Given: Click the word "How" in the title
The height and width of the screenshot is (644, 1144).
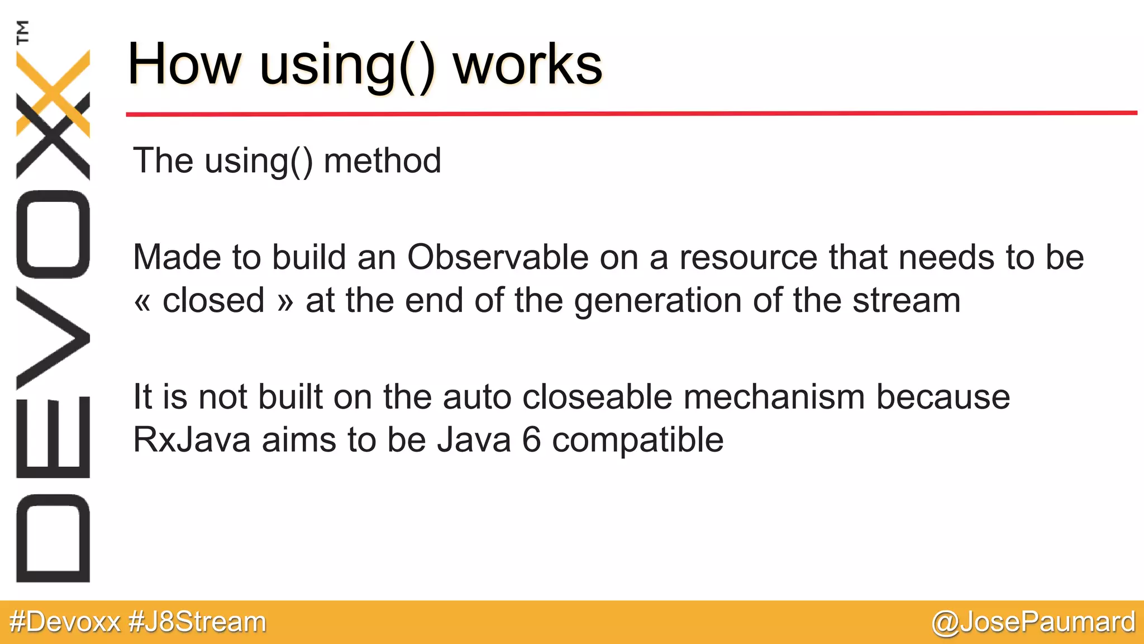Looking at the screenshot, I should coord(184,64).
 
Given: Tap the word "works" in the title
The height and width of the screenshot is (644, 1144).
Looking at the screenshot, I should coord(527,64).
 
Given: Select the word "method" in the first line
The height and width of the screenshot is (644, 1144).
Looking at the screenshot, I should coord(382,161).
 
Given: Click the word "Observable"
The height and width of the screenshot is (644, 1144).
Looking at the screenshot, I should coord(498,258).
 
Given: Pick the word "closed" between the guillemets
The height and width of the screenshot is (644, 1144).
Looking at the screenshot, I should coord(213,301).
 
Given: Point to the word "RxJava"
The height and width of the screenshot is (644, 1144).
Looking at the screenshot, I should coord(192,440).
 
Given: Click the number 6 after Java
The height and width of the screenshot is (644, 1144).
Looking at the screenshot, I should coord(532,440).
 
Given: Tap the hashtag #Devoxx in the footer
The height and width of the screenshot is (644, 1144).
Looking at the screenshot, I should coord(65,622).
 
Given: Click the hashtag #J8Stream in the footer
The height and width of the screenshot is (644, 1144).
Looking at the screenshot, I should coord(197,622).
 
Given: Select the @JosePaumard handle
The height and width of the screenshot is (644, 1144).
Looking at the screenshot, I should coord(1033,622).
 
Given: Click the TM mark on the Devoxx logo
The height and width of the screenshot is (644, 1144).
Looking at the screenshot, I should coord(22,32).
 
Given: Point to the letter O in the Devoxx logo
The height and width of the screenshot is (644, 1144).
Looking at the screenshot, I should coord(53,234).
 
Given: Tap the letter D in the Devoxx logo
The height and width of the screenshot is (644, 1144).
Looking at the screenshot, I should coord(53,538).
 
